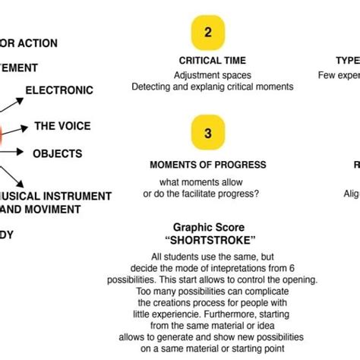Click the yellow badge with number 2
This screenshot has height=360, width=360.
pos(207,33)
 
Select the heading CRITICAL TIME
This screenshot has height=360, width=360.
pos(212,60)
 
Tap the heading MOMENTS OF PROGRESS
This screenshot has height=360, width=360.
pos(207,165)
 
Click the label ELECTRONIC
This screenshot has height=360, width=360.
pos(59,90)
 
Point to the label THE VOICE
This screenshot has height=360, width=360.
pos(63,127)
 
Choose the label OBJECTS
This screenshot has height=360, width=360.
pos(57,153)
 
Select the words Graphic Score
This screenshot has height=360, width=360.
pos(207,227)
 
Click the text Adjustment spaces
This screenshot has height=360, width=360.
pos(212,75)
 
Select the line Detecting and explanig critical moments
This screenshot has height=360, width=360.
pos(212,87)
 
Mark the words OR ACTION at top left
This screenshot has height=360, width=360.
pos(28,43)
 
